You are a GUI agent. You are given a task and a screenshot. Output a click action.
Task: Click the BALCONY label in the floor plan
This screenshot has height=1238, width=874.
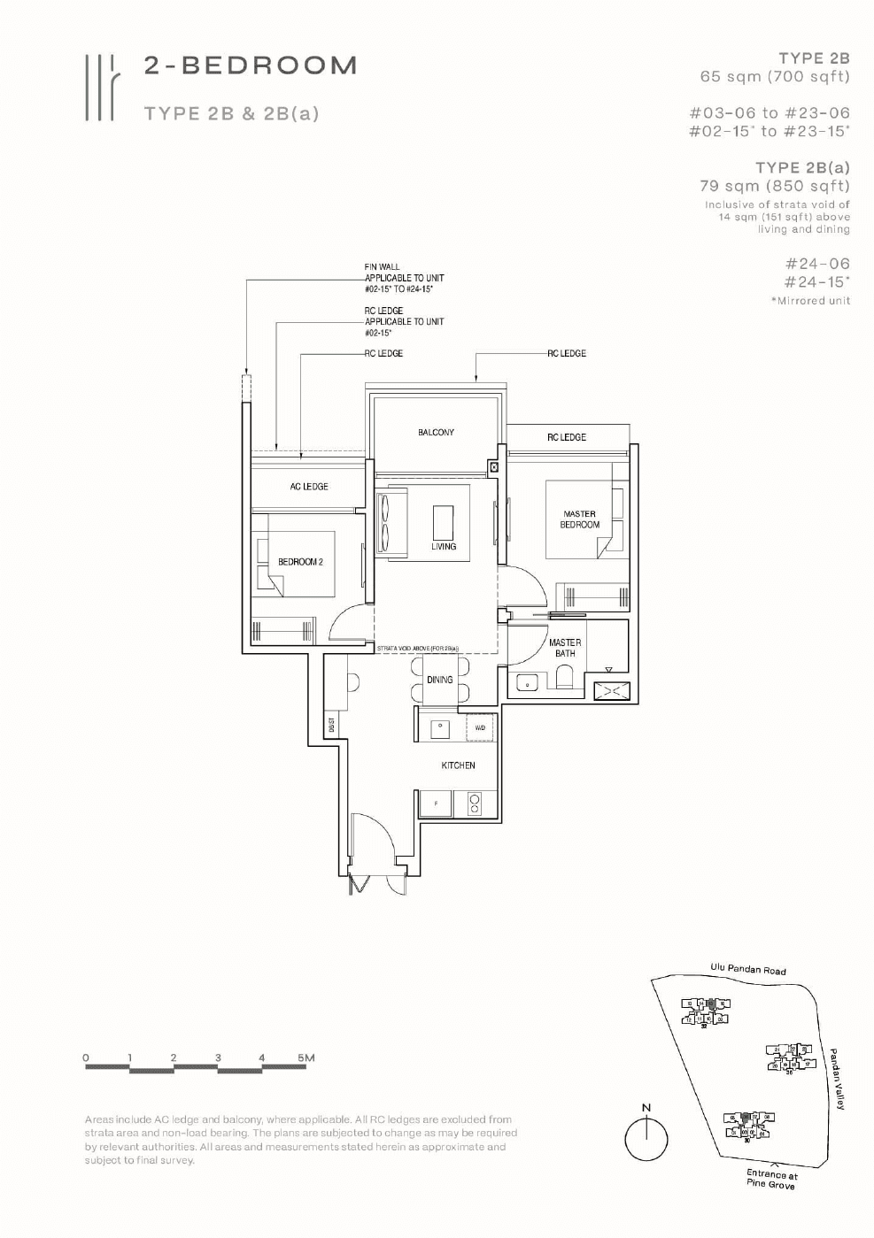coord(436,433)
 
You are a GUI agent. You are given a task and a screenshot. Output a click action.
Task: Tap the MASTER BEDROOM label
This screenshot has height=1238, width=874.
coord(579,519)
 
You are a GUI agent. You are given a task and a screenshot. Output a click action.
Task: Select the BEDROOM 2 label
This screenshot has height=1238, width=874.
coord(300,562)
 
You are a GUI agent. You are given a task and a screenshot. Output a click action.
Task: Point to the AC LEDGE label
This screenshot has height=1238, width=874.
coord(309,487)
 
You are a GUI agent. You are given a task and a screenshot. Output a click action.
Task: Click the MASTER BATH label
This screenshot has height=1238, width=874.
coord(565,648)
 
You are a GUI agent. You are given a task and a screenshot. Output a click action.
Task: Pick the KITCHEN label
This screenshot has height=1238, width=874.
coord(458,765)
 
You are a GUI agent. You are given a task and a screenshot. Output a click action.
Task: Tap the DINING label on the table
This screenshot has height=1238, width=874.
coord(439,680)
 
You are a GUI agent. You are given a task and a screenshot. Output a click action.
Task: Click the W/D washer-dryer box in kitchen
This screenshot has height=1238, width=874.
coord(480,727)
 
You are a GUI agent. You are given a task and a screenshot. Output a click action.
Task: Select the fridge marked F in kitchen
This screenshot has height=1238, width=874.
coord(435,804)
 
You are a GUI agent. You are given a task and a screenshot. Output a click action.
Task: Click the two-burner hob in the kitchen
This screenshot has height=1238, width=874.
coord(475,804)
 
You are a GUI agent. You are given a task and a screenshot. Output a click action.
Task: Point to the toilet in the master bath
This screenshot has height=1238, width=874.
coord(564,680)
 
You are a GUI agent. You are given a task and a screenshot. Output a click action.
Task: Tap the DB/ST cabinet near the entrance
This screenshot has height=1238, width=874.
coord(331,725)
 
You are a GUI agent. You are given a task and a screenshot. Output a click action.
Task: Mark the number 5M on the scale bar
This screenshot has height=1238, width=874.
coord(306,1057)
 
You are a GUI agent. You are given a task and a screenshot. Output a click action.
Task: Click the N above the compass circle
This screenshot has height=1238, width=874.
coord(646,1107)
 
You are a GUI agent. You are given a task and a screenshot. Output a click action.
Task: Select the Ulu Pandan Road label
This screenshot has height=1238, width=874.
coord(747,969)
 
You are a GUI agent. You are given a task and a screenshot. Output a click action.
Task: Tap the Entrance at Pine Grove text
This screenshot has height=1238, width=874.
coord(771,1180)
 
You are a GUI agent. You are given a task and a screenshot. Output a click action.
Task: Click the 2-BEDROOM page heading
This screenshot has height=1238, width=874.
coord(251,65)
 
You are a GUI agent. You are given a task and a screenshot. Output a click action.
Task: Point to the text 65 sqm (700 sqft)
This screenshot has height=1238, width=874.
coord(774,77)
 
